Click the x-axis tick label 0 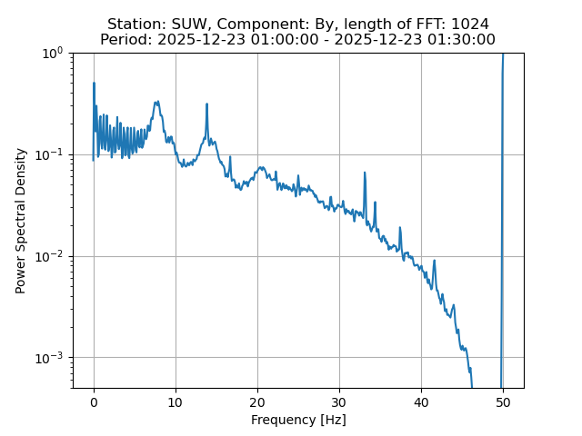click(94, 402)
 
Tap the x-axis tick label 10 click(176, 402)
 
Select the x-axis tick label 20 click(257, 402)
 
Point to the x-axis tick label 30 click(339, 402)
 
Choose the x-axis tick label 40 click(421, 402)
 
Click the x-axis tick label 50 click(503, 402)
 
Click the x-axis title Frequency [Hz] click(298, 420)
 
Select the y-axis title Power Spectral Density click(21, 221)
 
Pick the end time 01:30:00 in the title click(459, 39)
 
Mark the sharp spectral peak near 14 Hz click(207, 104)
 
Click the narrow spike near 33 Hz click(365, 173)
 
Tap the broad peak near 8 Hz click(157, 103)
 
